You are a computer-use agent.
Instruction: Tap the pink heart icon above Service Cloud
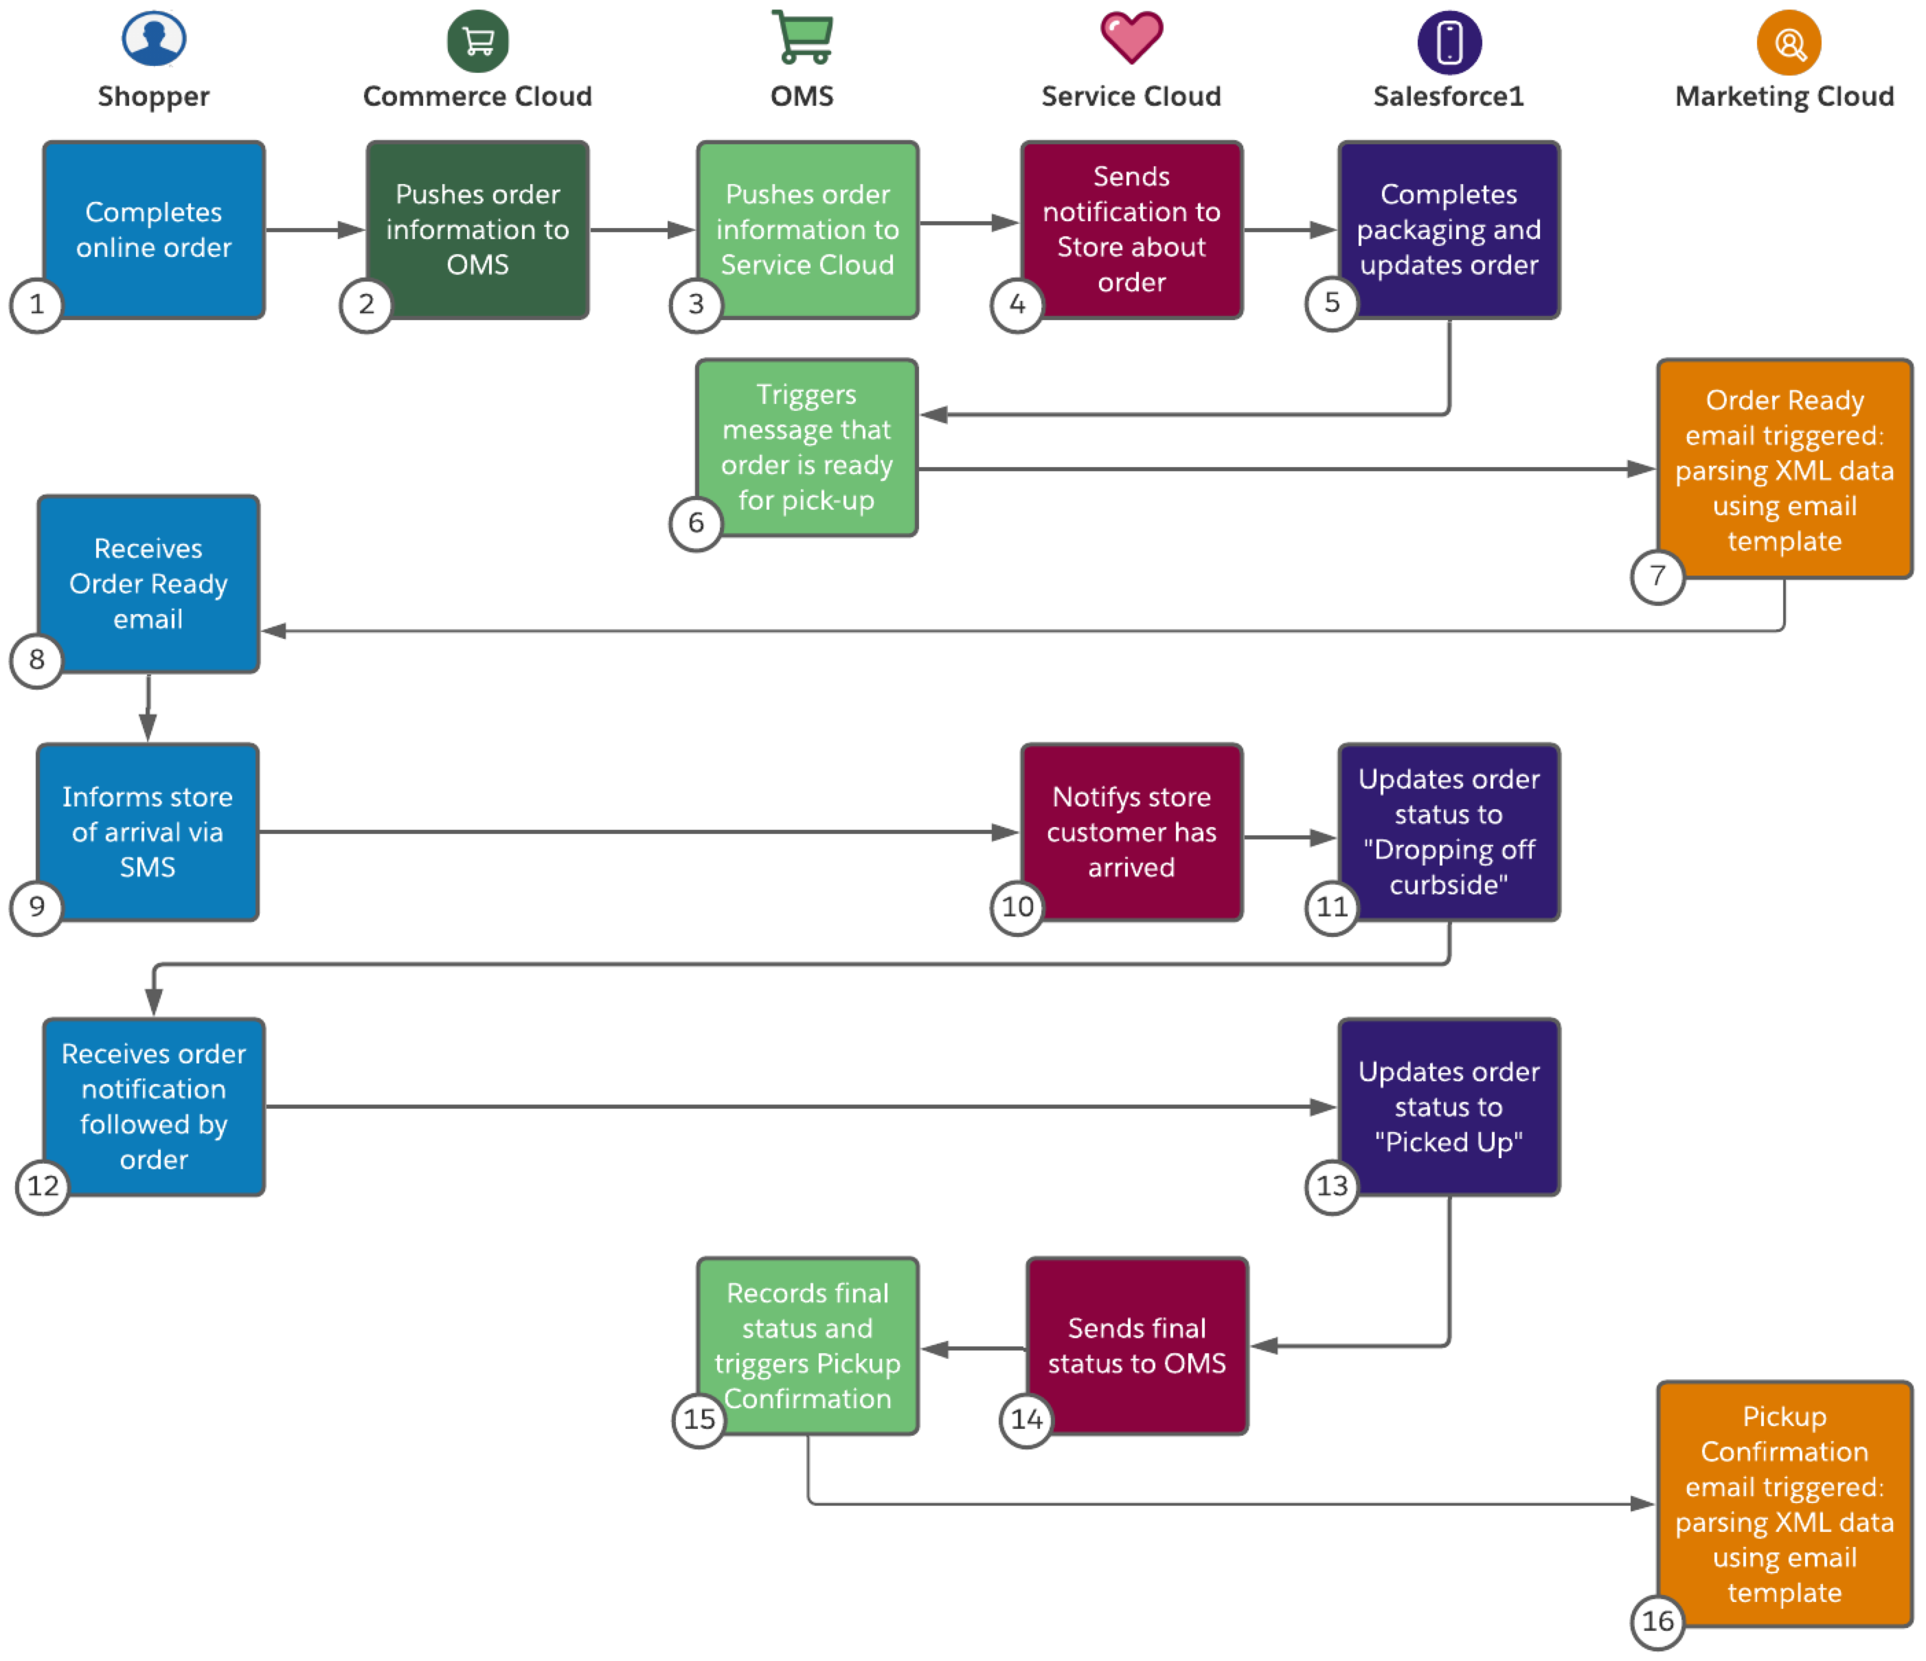1131,37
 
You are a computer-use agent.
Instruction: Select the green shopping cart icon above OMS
803,38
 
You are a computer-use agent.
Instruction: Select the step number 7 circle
1657,576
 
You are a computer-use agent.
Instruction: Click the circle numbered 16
1657,1621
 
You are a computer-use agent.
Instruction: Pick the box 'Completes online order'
155,229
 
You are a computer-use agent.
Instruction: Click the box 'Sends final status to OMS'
1137,1345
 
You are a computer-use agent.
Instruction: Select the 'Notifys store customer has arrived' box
1131,831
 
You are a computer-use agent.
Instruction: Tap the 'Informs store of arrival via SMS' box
148,831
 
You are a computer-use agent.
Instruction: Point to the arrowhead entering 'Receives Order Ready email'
273,631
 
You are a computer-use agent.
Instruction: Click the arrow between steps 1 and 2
314,229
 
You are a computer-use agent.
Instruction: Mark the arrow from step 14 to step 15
971,1348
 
